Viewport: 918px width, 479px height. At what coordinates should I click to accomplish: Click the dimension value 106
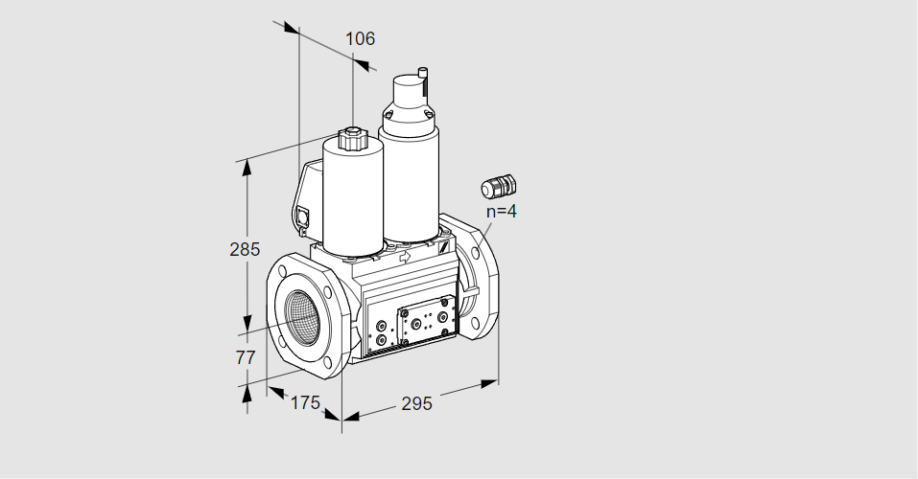point(360,38)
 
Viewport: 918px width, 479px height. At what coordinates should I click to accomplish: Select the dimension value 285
point(245,249)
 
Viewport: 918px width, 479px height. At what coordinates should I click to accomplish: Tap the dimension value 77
point(246,357)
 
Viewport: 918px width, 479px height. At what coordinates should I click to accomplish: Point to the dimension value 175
point(306,402)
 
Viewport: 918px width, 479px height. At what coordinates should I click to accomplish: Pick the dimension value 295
point(416,403)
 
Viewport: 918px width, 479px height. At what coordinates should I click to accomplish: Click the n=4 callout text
point(502,211)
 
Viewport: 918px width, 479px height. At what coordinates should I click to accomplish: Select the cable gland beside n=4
point(498,186)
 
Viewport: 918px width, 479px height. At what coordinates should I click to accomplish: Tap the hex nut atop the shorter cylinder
point(352,140)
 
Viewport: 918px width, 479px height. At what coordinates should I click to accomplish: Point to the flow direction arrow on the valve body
point(404,256)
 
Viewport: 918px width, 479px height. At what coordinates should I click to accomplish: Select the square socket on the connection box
point(303,217)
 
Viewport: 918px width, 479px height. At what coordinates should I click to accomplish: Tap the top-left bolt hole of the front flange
point(283,271)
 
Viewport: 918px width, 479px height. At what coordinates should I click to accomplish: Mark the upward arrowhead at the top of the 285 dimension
point(247,168)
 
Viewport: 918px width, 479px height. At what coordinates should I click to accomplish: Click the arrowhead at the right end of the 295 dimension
point(489,383)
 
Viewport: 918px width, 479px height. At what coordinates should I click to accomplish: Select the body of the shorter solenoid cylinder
point(353,200)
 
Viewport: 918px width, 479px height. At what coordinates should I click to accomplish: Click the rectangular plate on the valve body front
point(426,321)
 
